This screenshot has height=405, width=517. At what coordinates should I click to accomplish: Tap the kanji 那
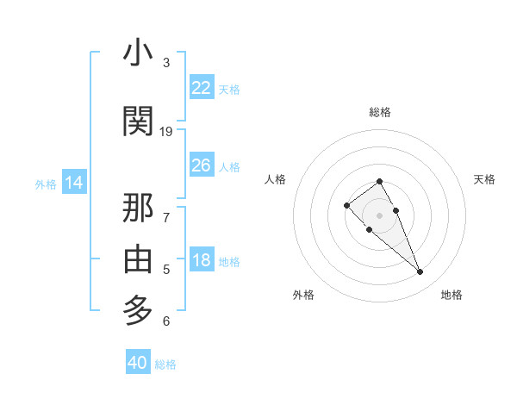[x=138, y=209]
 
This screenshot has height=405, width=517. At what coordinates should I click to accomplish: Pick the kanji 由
[x=138, y=259]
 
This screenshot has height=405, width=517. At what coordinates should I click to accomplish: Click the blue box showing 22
[x=201, y=88]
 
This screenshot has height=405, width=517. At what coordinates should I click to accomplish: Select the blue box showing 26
[x=201, y=165]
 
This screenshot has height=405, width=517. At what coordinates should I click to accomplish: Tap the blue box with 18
[x=201, y=261]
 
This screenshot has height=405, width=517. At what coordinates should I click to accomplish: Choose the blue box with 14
[x=74, y=183]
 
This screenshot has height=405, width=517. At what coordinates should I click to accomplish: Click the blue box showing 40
[x=138, y=363]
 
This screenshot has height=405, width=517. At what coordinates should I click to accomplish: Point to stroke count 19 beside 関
[x=166, y=132]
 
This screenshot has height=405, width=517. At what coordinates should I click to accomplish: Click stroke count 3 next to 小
[x=166, y=63]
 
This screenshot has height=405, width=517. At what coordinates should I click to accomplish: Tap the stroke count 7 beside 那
[x=166, y=218]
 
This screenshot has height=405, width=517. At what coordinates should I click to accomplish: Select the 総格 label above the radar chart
[x=380, y=112]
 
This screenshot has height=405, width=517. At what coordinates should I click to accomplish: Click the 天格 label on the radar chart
[x=485, y=179]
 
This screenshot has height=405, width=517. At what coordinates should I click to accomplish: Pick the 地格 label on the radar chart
[x=452, y=295]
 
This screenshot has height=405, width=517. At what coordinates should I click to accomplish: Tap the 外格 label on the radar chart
[x=303, y=295]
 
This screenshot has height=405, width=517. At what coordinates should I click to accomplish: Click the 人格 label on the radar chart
[x=276, y=179]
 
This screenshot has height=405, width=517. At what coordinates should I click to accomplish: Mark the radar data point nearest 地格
[x=420, y=272]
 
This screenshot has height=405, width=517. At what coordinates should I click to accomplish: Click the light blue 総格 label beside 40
[x=165, y=364]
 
